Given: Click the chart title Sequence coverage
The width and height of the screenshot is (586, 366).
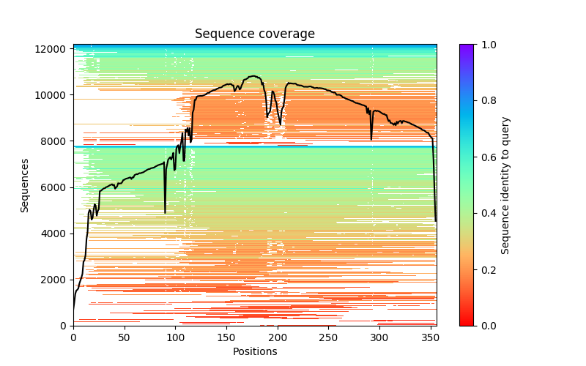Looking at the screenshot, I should coord(255,34).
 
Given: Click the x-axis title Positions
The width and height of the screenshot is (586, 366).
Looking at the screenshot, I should coord(255,351).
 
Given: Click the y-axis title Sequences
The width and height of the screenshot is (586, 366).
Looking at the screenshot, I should coord(25,185).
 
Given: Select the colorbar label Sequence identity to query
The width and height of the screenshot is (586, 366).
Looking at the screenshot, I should coord(505,185).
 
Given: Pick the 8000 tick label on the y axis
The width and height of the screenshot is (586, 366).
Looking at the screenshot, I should coord(56,141).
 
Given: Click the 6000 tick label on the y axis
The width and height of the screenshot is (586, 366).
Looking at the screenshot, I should coord(56,187).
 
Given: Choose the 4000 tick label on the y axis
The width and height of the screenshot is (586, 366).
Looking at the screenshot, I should coord(56,234).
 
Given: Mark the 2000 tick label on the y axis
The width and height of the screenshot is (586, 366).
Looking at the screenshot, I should coord(56,280).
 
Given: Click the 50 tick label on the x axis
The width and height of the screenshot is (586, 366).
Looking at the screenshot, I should coord(125,337).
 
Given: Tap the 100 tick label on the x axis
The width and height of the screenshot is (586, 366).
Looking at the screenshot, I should coord(175,337).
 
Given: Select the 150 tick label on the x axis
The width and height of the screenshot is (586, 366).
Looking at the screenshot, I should coord(226,337).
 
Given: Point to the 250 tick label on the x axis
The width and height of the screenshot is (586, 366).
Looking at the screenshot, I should coord(328,337).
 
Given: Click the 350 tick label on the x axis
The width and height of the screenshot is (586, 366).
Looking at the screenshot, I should coord(430,337).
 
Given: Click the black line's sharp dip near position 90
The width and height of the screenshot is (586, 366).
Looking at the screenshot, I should coord(165,212).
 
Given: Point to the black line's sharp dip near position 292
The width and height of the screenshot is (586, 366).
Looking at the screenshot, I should coord(371,139).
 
